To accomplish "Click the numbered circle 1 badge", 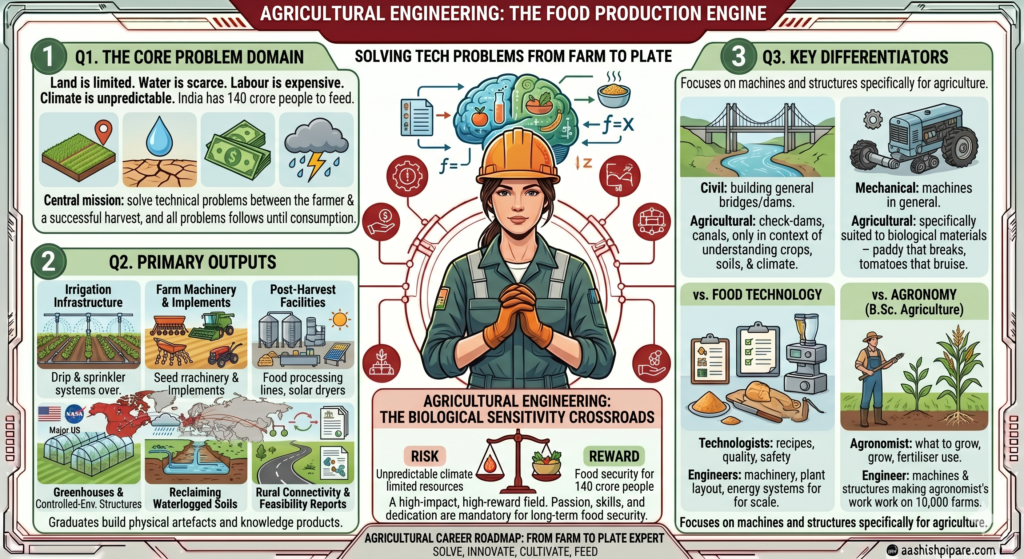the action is click(x=48, y=56).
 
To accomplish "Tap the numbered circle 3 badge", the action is click(x=738, y=56).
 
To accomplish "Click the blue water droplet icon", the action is click(x=159, y=136).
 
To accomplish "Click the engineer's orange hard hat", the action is click(x=518, y=157).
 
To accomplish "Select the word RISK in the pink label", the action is click(x=424, y=455).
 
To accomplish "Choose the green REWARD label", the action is click(x=614, y=456).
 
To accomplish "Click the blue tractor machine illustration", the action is click(x=914, y=139).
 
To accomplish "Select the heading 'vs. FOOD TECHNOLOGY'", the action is click(x=758, y=295).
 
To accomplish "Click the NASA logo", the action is click(x=74, y=413).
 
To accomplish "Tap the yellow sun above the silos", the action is click(x=340, y=320).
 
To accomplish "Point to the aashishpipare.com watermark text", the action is click(x=948, y=551).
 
